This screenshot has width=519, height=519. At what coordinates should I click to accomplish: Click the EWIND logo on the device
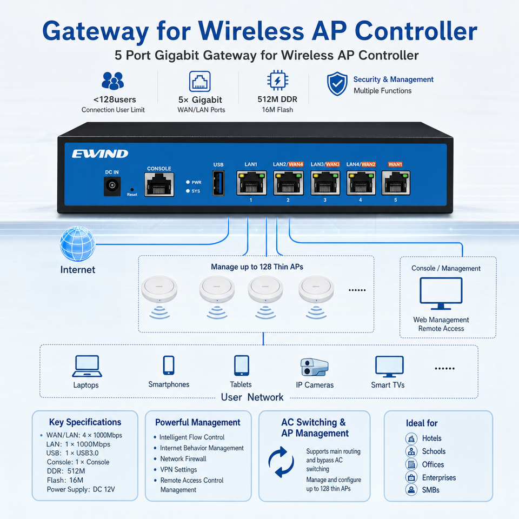click(x=100, y=154)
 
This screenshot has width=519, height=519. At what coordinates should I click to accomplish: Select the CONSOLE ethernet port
click(x=159, y=185)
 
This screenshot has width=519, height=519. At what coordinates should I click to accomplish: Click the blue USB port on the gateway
click(x=218, y=183)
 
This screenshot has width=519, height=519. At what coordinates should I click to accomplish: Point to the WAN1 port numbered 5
click(x=396, y=183)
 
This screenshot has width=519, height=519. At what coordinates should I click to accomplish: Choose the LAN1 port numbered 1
click(x=251, y=183)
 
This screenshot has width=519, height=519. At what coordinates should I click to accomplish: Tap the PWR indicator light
click(x=188, y=182)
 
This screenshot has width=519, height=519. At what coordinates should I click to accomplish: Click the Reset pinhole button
click(x=132, y=190)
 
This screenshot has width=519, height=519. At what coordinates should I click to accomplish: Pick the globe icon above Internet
click(x=77, y=244)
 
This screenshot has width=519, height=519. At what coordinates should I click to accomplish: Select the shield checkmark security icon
click(x=337, y=84)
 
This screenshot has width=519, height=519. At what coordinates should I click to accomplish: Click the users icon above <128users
click(x=113, y=81)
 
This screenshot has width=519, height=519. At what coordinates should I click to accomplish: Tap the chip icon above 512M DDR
click(x=278, y=80)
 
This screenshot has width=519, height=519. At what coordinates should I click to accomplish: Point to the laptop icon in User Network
click(x=87, y=366)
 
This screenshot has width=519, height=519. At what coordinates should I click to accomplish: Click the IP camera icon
click(x=314, y=367)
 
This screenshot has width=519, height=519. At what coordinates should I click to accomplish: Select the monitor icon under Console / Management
click(x=441, y=294)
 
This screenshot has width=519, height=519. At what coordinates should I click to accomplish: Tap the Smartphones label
click(x=169, y=384)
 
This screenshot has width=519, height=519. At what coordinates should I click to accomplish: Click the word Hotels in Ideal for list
click(x=431, y=438)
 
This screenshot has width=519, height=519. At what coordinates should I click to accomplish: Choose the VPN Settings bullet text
click(x=178, y=469)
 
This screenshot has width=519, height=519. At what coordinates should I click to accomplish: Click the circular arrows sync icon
click(x=281, y=462)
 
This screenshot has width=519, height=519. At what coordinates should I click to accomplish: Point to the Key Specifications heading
click(x=85, y=422)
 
